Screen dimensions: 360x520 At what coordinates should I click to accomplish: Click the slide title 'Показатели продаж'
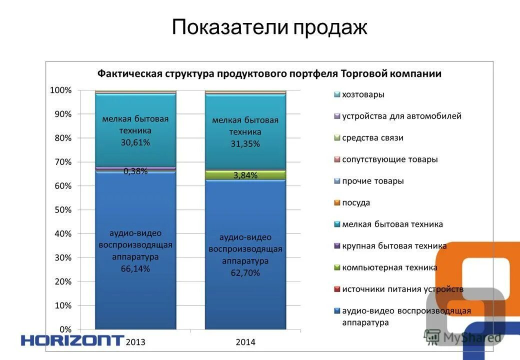click(269, 27)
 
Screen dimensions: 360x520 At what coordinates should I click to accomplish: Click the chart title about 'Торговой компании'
click(269, 74)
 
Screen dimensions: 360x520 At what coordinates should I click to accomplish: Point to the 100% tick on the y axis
click(61, 90)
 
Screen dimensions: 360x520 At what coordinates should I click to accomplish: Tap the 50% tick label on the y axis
click(63, 210)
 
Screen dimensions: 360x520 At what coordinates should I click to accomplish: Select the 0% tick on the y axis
click(65, 329)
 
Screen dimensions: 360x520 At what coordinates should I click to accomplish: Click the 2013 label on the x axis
click(135, 342)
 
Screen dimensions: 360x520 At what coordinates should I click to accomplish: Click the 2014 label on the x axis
click(245, 342)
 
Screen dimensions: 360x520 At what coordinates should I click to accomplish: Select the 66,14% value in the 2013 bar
click(135, 269)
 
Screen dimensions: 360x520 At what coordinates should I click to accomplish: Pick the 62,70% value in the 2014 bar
click(245, 273)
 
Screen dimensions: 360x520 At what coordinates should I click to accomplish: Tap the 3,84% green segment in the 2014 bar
click(245, 175)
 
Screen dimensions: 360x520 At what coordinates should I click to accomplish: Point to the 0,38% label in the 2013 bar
click(135, 171)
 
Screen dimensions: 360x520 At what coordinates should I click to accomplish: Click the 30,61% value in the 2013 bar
click(135, 142)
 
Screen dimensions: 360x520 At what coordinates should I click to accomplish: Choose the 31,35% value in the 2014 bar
click(245, 144)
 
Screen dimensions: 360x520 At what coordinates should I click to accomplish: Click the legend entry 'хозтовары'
click(363, 94)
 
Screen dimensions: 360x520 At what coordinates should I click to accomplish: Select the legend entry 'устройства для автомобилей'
click(401, 116)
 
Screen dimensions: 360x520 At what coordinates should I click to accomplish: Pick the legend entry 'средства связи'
click(372, 138)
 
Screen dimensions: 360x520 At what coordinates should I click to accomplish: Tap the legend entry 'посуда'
click(356, 203)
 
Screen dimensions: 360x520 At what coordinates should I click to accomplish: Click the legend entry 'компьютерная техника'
click(389, 267)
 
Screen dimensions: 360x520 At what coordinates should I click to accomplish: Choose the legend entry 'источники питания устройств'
click(402, 289)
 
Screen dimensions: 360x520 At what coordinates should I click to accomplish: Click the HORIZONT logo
click(72, 341)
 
